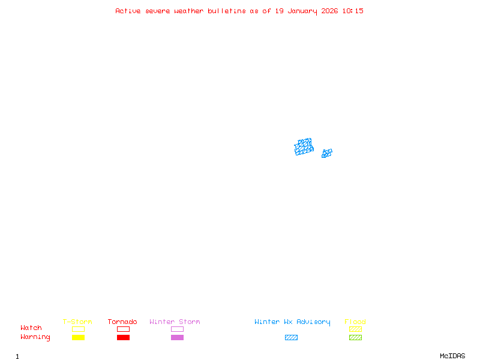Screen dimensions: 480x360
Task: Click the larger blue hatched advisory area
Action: (x=304, y=146)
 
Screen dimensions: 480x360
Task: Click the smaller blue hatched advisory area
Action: (x=327, y=153)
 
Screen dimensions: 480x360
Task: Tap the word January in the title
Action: (x=302, y=11)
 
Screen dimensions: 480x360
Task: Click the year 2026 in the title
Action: (x=329, y=11)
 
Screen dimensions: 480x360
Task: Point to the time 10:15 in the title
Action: (x=353, y=11)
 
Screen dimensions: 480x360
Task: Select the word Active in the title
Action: (x=128, y=11)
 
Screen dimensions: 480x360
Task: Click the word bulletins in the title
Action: (x=227, y=11)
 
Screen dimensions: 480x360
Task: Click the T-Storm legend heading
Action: (x=77, y=322)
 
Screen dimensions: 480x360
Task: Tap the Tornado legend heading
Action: (x=122, y=322)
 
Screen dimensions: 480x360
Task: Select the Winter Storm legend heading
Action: (x=175, y=322)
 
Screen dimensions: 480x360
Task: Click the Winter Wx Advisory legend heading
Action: (x=292, y=322)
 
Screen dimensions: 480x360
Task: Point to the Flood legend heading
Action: (x=355, y=322)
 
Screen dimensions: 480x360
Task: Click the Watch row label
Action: (x=31, y=328)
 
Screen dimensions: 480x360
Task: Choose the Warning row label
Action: (x=35, y=337)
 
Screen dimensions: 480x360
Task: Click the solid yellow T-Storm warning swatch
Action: (x=79, y=337)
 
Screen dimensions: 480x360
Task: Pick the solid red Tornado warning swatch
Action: (x=124, y=337)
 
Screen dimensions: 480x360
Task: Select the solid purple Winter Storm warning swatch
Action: (x=177, y=337)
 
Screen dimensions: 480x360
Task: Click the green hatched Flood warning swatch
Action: (x=355, y=337)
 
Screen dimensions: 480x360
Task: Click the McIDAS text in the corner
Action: (x=452, y=356)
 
